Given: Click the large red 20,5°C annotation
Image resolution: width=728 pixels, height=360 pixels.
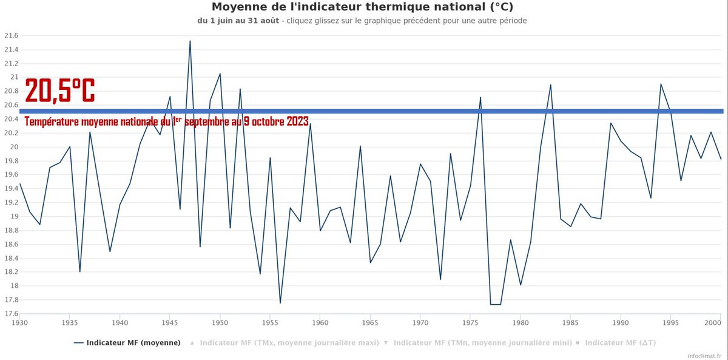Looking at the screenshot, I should click(59, 91).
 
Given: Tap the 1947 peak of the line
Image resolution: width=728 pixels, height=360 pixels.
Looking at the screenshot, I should click(190, 41).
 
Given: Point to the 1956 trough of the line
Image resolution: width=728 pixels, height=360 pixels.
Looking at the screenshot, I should click(280, 302).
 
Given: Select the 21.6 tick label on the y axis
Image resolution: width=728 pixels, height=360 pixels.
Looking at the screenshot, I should click(10, 36).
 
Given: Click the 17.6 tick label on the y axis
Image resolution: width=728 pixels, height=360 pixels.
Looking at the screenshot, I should click(10, 314).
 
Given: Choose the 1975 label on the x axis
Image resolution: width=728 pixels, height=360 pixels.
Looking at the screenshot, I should click(470, 323).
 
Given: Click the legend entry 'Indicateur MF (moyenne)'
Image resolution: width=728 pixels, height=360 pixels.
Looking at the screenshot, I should click(127, 343).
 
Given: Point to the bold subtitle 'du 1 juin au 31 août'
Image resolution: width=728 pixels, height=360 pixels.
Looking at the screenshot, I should click(238, 21).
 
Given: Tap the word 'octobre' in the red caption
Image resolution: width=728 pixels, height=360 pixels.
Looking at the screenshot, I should click(266, 121).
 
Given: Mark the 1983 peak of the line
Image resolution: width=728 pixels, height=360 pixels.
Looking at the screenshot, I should click(550, 85).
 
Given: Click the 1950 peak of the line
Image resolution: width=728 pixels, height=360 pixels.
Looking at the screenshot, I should click(220, 73).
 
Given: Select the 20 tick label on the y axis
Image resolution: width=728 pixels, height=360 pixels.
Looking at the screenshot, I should click(13, 148).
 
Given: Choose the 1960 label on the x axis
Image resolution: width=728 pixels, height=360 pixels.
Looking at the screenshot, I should click(320, 323).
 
